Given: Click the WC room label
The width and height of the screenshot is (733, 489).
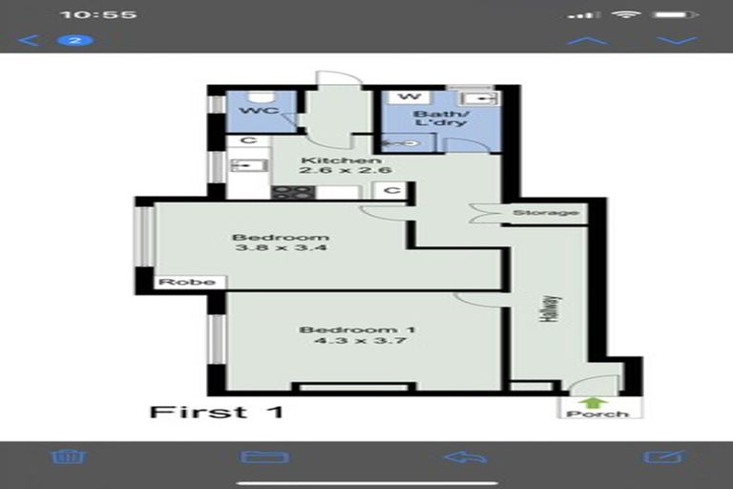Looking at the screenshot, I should tap(259, 112).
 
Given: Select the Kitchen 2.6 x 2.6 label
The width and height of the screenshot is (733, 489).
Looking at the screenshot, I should tap(333, 165).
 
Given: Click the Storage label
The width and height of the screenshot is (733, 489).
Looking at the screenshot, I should tap(545, 212).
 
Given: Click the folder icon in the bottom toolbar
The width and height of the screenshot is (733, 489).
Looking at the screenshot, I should tap(265, 457).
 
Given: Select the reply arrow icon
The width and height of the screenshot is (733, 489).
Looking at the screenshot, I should tap(465, 457).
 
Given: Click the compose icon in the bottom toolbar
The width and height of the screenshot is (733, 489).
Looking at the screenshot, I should tap(664, 457).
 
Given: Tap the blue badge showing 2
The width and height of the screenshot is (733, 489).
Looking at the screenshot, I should tap(74, 40).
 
